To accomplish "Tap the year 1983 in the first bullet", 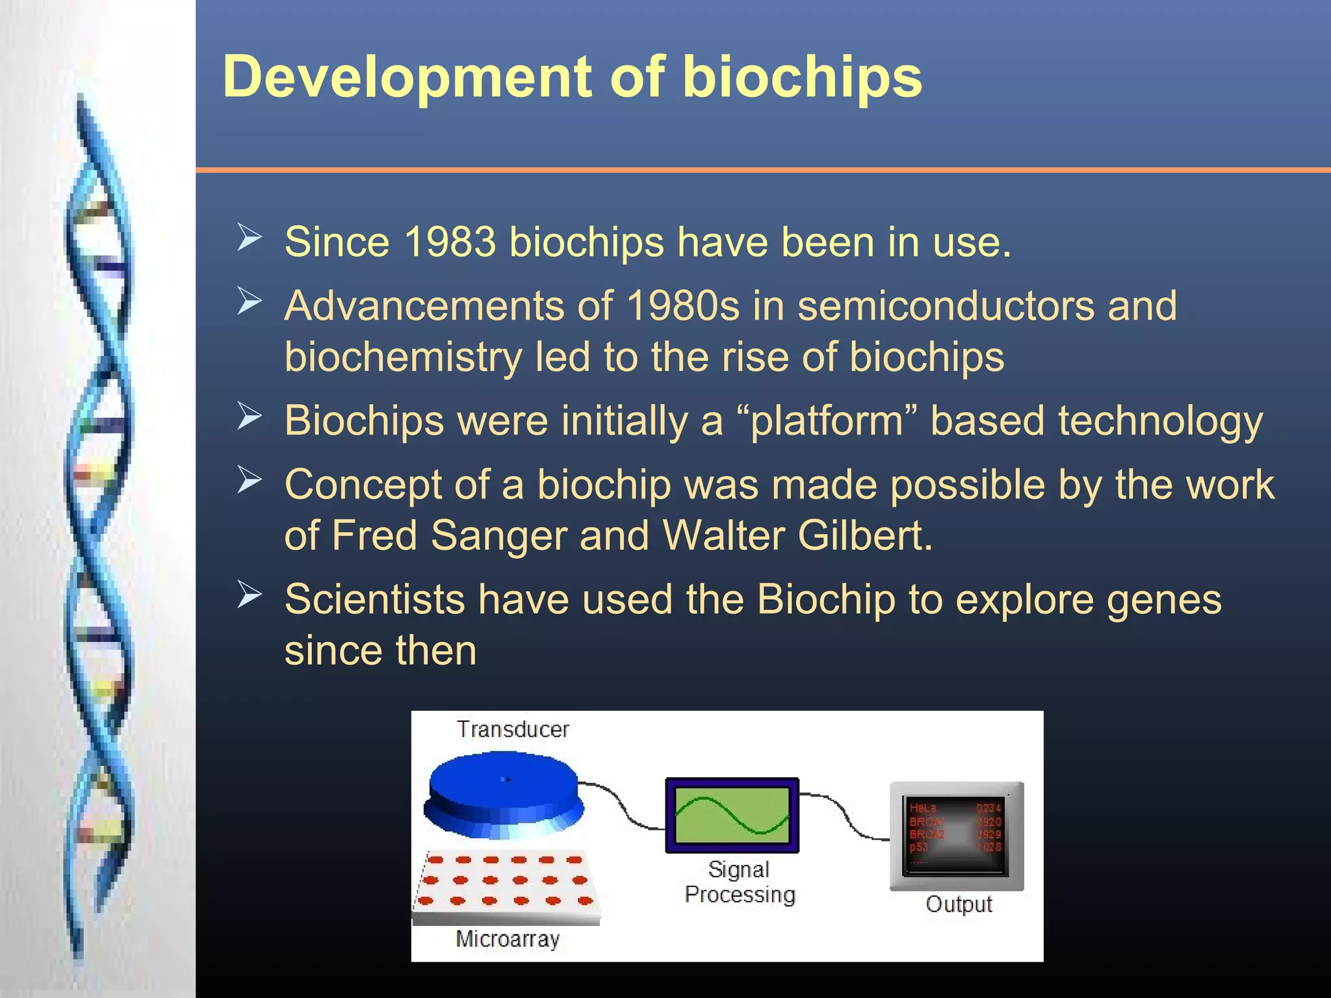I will point(450,242).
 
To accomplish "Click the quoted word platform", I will point(827,421).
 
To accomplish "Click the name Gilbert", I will point(864,535).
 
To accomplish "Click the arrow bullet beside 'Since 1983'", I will point(249,237).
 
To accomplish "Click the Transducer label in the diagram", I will point(512,729).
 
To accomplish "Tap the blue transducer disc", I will point(504,789).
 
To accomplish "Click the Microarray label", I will point(508,939).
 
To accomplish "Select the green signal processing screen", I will point(732,815).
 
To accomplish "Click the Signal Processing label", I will point(740,882).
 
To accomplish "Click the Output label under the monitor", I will point(959,904).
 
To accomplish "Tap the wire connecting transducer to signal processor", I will point(623,806).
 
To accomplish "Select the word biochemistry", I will point(403,357).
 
